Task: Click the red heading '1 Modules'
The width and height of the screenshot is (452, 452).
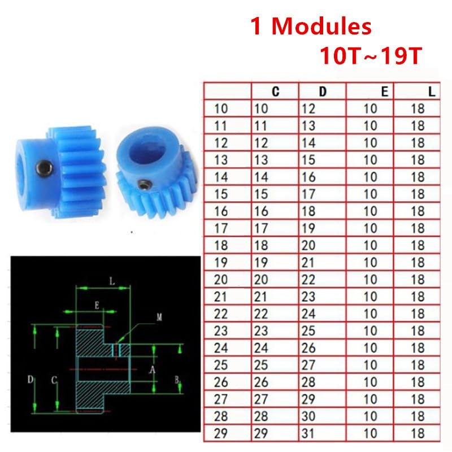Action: coord(311,27)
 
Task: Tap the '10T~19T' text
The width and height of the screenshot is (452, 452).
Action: coord(370,56)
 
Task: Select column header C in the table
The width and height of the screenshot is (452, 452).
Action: coord(275,92)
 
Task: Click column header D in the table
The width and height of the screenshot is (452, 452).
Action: coord(323,92)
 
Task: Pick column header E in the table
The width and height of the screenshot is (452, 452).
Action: coord(384,92)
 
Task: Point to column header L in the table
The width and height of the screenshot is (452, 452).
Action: coord(432,92)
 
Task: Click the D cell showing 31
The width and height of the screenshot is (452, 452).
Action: coord(309,433)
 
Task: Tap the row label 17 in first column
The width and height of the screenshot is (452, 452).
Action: coord(221,228)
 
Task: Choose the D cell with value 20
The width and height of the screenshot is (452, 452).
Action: coord(309,246)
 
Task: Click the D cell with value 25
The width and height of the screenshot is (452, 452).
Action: coord(309,331)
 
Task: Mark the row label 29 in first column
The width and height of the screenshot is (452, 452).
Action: coord(221,433)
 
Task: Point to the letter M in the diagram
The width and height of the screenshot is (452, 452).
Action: coord(159,318)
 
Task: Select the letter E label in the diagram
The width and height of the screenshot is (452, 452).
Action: coord(97,306)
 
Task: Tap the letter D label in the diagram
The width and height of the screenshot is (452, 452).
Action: coord(30,380)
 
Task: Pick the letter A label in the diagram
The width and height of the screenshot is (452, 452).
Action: coord(151,370)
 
